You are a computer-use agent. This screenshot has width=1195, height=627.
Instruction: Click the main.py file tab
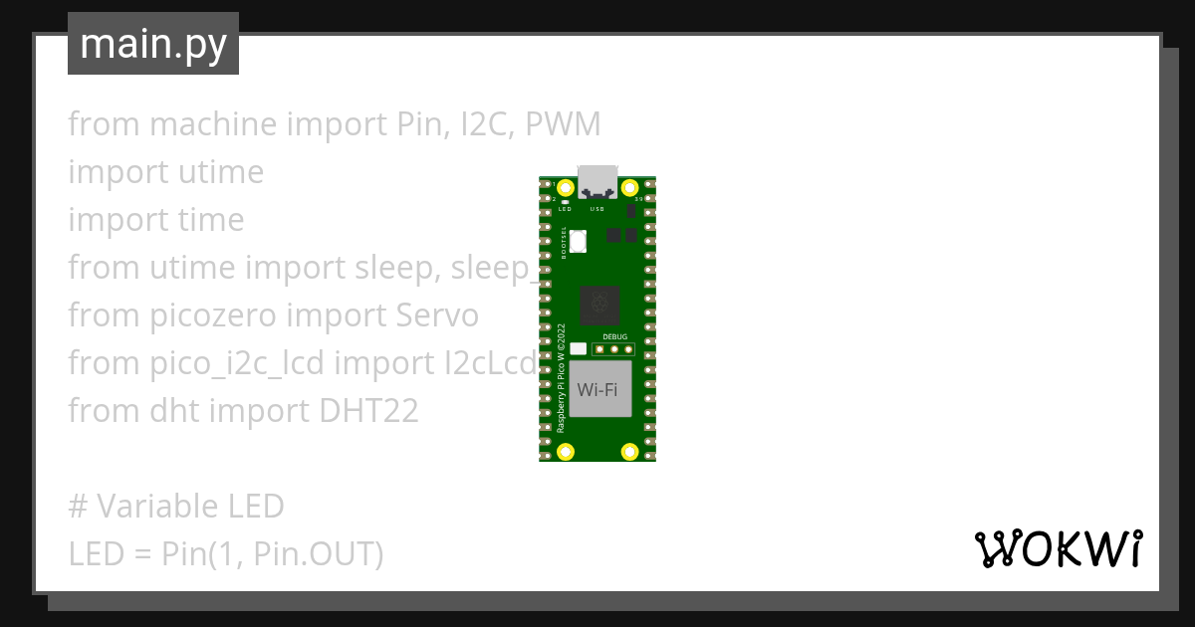tap(153, 44)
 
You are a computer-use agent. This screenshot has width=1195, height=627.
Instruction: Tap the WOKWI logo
tap(1058, 548)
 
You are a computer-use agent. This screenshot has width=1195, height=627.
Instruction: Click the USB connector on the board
tap(597, 179)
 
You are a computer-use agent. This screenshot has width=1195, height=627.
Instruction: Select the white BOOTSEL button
tap(578, 240)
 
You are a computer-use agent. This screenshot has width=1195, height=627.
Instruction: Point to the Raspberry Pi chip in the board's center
tap(599, 305)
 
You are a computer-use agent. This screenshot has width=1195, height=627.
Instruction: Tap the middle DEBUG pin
tap(614, 349)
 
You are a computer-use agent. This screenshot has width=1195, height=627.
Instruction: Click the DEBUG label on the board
tap(615, 337)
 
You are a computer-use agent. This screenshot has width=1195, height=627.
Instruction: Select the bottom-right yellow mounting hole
tap(629, 452)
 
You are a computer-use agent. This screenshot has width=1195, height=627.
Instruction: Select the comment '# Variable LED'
tap(176, 506)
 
